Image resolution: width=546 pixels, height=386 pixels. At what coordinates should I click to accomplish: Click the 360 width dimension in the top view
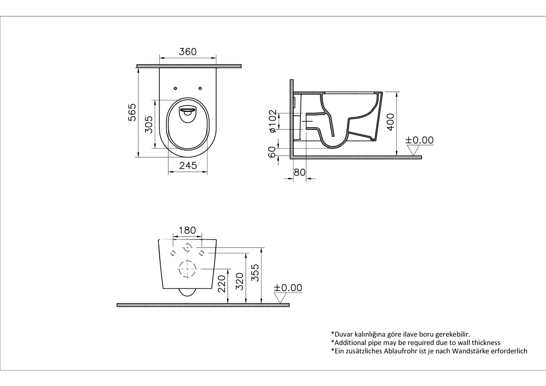187,51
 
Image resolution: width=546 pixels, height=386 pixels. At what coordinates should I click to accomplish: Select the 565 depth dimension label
132,112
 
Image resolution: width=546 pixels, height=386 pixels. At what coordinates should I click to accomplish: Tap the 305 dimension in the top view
148,124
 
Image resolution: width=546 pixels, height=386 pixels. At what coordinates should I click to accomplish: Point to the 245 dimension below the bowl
187,166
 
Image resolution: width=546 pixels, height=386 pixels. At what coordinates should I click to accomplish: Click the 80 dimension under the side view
299,173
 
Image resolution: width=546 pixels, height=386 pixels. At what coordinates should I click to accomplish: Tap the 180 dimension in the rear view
187,231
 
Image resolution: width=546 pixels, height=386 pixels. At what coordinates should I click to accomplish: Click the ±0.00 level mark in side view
420,140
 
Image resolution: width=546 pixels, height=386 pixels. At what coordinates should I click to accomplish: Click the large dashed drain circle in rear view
187,269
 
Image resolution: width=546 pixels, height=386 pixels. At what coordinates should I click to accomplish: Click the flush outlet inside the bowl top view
187,113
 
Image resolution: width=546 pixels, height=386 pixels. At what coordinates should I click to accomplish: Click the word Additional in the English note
351,342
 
